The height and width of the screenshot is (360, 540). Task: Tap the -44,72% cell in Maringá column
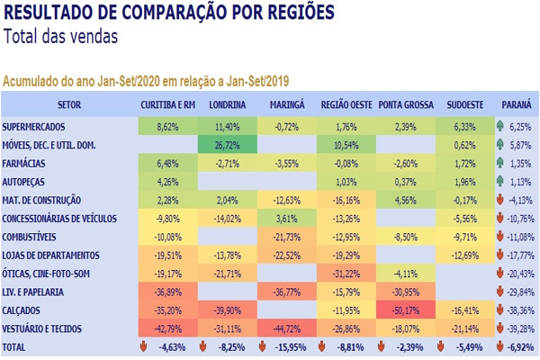(287, 328)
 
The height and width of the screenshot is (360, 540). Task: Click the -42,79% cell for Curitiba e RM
(168, 328)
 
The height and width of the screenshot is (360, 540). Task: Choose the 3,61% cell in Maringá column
(287, 218)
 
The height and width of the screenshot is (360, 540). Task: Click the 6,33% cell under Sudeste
(464, 127)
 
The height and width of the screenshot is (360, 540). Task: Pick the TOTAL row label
(15, 346)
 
